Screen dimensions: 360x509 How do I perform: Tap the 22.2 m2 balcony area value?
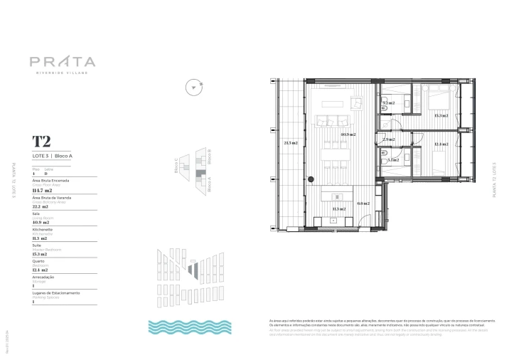pyautogui.click(x=43, y=207)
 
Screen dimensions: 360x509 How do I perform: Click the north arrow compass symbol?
pyautogui.click(x=192, y=87)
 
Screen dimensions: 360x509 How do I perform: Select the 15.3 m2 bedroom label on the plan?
pyautogui.click(x=441, y=115)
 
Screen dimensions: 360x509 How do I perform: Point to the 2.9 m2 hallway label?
pyautogui.click(x=388, y=139)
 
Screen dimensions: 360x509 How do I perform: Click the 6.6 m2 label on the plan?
pyautogui.click(x=363, y=203)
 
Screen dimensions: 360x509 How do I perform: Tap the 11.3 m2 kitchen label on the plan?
pyautogui.click(x=339, y=208)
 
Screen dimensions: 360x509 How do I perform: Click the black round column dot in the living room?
pyautogui.click(x=311, y=179)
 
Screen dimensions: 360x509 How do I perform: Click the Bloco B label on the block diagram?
pyautogui.click(x=215, y=156)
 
